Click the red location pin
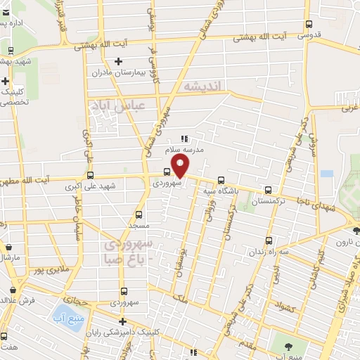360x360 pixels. [181, 167]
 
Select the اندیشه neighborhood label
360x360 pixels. [202, 86]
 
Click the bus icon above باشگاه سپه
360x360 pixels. [221, 179]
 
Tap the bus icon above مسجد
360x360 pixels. [139, 215]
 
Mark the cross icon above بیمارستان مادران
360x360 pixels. [119, 62]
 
